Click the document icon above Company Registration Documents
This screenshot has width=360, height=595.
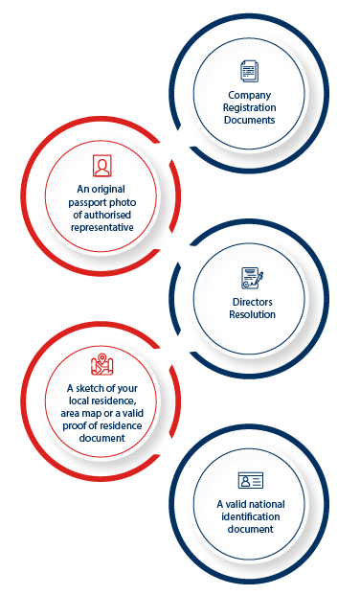pyautogui.click(x=249, y=71)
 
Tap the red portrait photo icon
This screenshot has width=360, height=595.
pyautogui.click(x=102, y=166)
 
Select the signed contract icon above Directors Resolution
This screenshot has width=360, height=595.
pyautogui.click(x=252, y=278)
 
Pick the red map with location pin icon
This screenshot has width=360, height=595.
pyautogui.click(x=102, y=364)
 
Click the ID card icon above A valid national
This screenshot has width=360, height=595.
pyautogui.click(x=250, y=480)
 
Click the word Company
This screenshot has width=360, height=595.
pyautogui.click(x=249, y=95)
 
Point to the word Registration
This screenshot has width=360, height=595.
pyautogui.click(x=249, y=107)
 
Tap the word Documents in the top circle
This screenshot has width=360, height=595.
pyautogui.click(x=249, y=120)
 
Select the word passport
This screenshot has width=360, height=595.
pyautogui.click(x=87, y=203)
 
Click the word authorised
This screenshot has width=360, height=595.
pyautogui.click(x=107, y=215)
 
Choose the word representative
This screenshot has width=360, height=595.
pyautogui.click(x=102, y=228)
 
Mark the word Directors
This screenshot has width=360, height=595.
pyautogui.click(x=252, y=302)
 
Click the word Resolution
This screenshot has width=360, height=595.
pyautogui.click(x=252, y=314)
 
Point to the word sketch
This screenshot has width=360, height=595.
pyautogui.click(x=90, y=388)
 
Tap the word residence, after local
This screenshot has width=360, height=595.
pyautogui.click(x=115, y=401)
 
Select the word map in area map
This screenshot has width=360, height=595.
pyautogui.click(x=93, y=414)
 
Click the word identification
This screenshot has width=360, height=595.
pyautogui.click(x=250, y=516)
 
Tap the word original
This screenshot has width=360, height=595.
pyautogui.click(x=108, y=190)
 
